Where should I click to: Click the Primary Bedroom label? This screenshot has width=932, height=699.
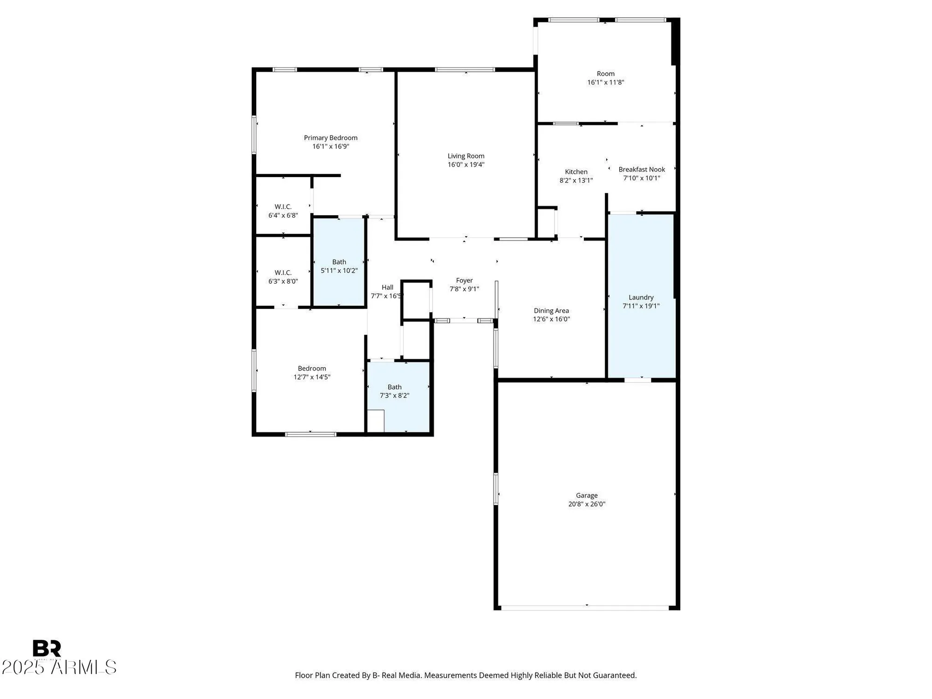tap(330, 138)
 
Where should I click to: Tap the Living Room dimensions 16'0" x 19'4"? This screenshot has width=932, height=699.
tap(466, 164)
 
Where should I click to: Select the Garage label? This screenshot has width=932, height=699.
tap(587, 496)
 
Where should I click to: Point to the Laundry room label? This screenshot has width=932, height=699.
tap(641, 297)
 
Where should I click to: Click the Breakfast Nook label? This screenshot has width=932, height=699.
tap(642, 170)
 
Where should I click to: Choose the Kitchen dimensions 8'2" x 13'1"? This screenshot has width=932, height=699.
tap(576, 180)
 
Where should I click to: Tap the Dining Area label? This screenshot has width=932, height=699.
tap(551, 311)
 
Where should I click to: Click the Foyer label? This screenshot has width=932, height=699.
tap(464, 281)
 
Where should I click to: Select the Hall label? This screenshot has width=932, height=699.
tap(387, 288)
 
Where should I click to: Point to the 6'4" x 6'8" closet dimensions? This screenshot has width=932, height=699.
tap(283, 215)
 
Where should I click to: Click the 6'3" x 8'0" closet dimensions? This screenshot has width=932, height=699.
tap(283, 281)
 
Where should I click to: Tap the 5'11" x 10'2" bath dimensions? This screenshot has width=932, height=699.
tap(339, 271)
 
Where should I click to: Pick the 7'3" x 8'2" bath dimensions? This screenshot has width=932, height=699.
tap(394, 396)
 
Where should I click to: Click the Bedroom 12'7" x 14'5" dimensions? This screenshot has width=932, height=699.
tap(312, 377)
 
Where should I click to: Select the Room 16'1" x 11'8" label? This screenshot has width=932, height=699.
tap(606, 74)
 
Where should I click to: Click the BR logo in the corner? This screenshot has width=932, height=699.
tap(47, 649)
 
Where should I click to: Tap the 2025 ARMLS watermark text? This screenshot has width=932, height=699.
tap(59, 667)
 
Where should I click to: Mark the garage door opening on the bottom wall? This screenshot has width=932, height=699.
tap(585, 608)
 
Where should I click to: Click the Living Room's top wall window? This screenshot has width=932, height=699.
tap(465, 70)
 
